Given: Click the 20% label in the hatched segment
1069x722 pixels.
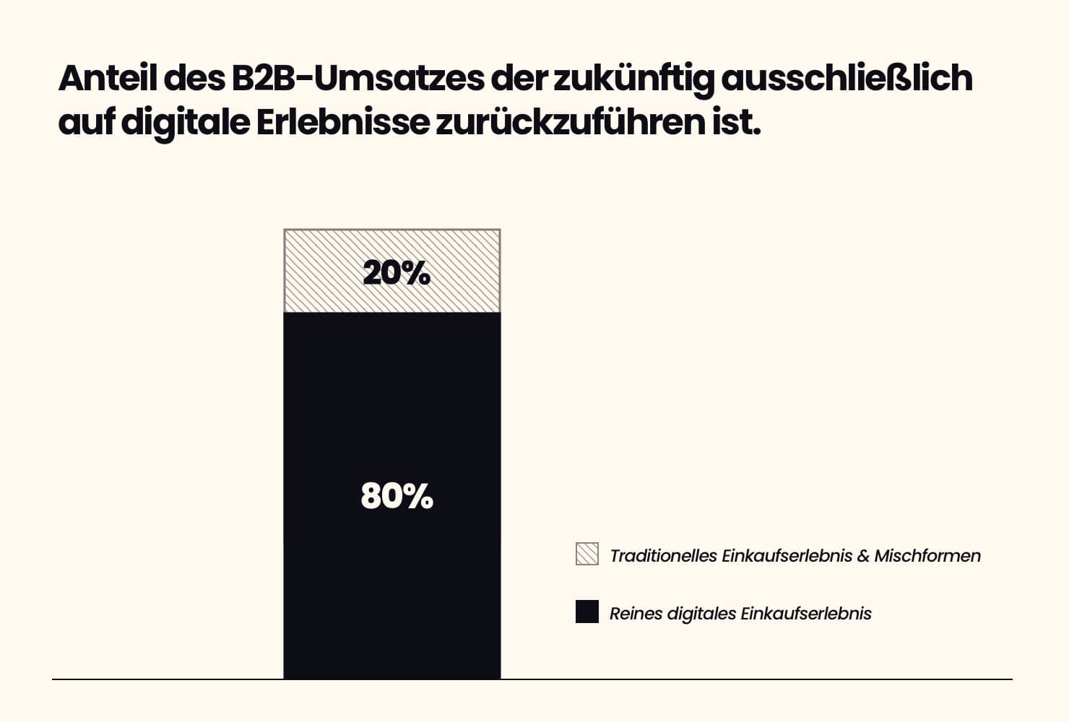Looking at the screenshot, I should pos(396,273).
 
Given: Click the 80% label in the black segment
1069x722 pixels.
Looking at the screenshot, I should pos(397,496).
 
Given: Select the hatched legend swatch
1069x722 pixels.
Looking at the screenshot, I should pos(587,554).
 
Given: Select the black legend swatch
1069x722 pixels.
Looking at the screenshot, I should pos(587,612).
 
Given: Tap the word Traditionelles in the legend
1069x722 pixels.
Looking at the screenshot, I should pos(663,556).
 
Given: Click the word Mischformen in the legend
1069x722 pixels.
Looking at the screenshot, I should pos(927,556).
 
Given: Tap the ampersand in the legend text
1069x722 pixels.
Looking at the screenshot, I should pos(863,556).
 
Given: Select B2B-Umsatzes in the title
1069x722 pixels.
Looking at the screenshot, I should pos(357,78).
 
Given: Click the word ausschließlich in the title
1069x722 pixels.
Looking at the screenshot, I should pos(847,78).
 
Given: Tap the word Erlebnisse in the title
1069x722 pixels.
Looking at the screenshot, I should pos(342,122).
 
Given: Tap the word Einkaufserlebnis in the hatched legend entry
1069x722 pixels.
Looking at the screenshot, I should pos(787,556).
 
